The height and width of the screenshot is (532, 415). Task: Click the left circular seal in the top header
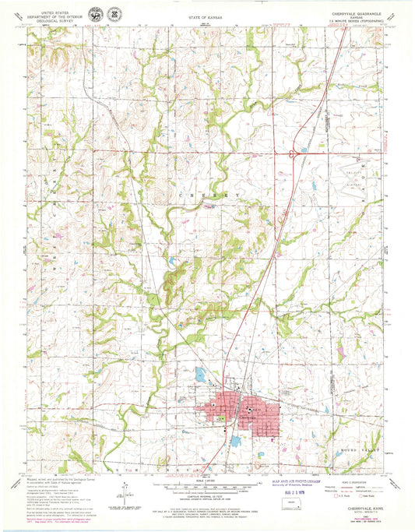coord(95,15)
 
